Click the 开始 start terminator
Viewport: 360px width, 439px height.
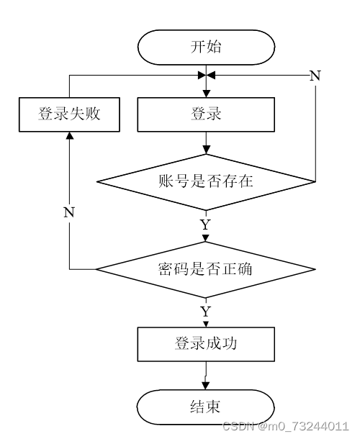click(x=206, y=47)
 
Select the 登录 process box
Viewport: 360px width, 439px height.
click(x=206, y=114)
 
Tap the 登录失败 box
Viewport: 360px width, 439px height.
click(x=69, y=114)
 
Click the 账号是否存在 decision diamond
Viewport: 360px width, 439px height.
click(x=206, y=182)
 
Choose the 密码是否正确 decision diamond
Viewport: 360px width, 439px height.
click(x=206, y=269)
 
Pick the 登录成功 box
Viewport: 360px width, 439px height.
click(x=206, y=344)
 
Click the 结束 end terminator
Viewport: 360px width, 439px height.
click(x=206, y=407)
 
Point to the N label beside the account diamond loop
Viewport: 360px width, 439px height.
click(x=315, y=76)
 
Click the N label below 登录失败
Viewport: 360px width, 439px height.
click(x=69, y=212)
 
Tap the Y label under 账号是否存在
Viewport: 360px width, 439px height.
click(x=206, y=225)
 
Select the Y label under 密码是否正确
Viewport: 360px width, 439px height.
click(x=206, y=312)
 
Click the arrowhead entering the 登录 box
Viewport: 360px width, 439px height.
click(x=206, y=94)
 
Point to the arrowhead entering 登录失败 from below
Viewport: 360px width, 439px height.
click(x=69, y=135)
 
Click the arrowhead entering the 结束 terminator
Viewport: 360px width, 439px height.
click(x=206, y=386)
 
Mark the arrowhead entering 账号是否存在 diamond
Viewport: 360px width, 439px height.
click(x=206, y=150)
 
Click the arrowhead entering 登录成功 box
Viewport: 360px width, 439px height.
click(x=206, y=324)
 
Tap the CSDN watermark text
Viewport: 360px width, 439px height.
click(x=286, y=426)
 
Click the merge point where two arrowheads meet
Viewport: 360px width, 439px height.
click(x=206, y=76)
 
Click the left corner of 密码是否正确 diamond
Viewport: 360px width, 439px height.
click(x=96, y=269)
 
